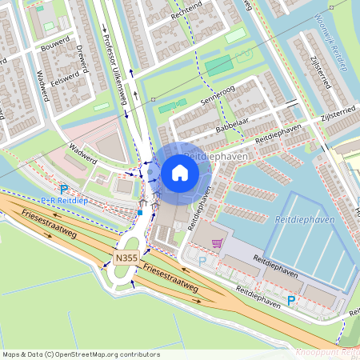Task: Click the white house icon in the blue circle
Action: click(180, 172)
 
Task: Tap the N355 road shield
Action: click(125, 258)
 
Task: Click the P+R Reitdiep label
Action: click(63, 200)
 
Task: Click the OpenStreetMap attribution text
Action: click(81, 354)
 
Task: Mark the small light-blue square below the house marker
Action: click(139, 213)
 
